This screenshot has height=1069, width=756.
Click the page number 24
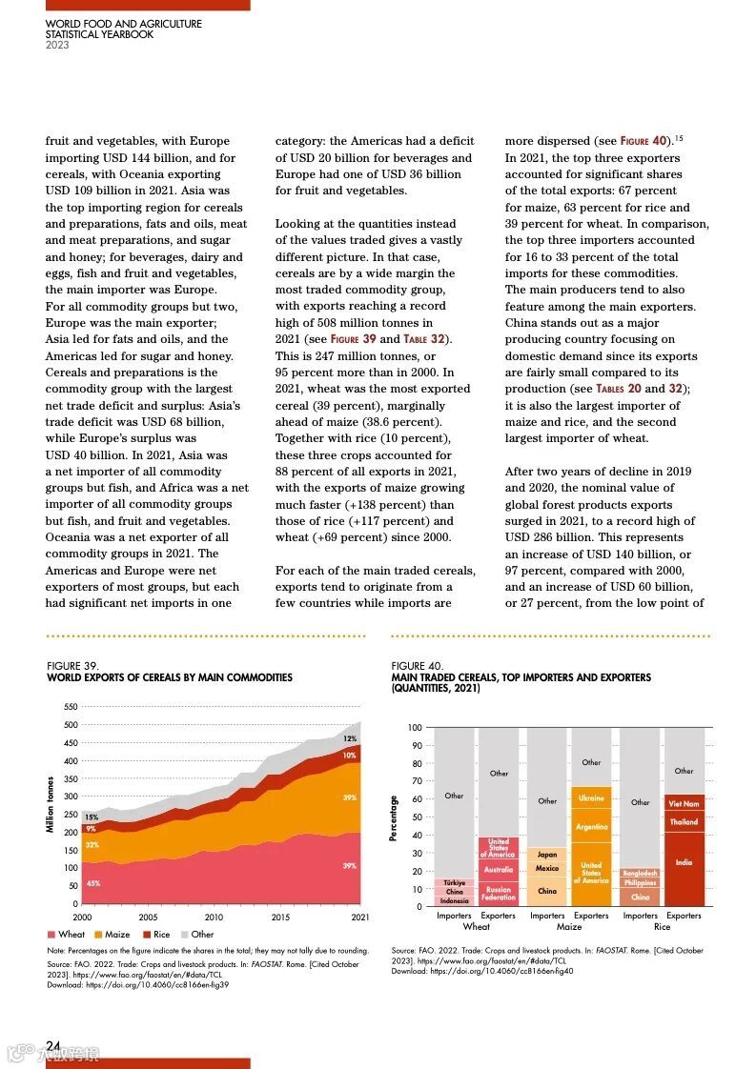pos(53,1045)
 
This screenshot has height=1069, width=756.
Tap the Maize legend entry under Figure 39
pos(112,935)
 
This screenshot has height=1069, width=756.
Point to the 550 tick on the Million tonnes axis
pos(71,707)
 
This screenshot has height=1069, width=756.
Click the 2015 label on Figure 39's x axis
pos(280,918)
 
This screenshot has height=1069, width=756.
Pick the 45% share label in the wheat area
pos(93,883)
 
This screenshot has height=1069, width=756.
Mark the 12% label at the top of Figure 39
pos(350,739)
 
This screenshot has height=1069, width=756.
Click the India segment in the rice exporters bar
pos(684,862)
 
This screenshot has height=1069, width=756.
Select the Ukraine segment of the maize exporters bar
pos(591,798)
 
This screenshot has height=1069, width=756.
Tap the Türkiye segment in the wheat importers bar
pos(455,882)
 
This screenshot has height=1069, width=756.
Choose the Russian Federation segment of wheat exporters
pos(499,894)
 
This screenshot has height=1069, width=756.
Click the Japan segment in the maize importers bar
pos(547,855)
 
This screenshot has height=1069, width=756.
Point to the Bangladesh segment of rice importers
pos(640,873)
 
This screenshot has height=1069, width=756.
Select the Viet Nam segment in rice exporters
pos(684,804)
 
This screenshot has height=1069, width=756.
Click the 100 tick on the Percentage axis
pos(415,728)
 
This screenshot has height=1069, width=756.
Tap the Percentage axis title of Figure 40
pos(393,817)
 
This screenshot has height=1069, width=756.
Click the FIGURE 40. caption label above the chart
pos(418,666)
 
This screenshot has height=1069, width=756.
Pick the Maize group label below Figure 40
pos(569,927)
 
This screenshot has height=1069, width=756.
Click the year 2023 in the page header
pos(57,45)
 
